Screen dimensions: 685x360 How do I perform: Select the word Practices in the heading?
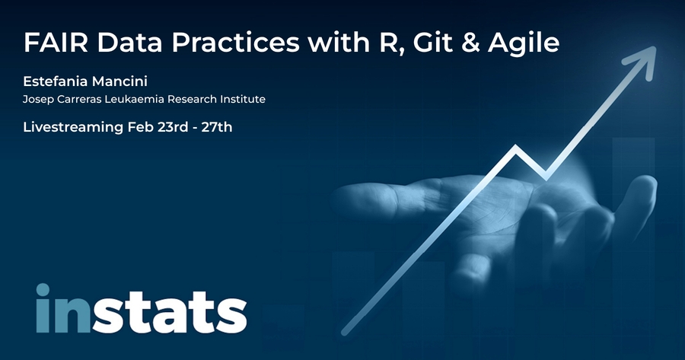click(x=235, y=43)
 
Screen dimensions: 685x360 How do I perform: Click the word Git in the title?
click(x=426, y=43)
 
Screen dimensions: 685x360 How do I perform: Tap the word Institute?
click(x=243, y=99)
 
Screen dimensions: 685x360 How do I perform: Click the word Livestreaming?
click(x=73, y=128)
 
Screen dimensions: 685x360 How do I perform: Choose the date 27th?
click(x=217, y=127)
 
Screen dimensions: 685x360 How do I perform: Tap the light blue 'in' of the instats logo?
click(x=63, y=308)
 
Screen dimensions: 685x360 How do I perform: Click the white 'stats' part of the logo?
click(x=169, y=312)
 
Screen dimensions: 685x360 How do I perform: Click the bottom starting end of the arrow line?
click(x=345, y=332)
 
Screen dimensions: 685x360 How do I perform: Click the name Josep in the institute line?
click(x=35, y=100)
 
